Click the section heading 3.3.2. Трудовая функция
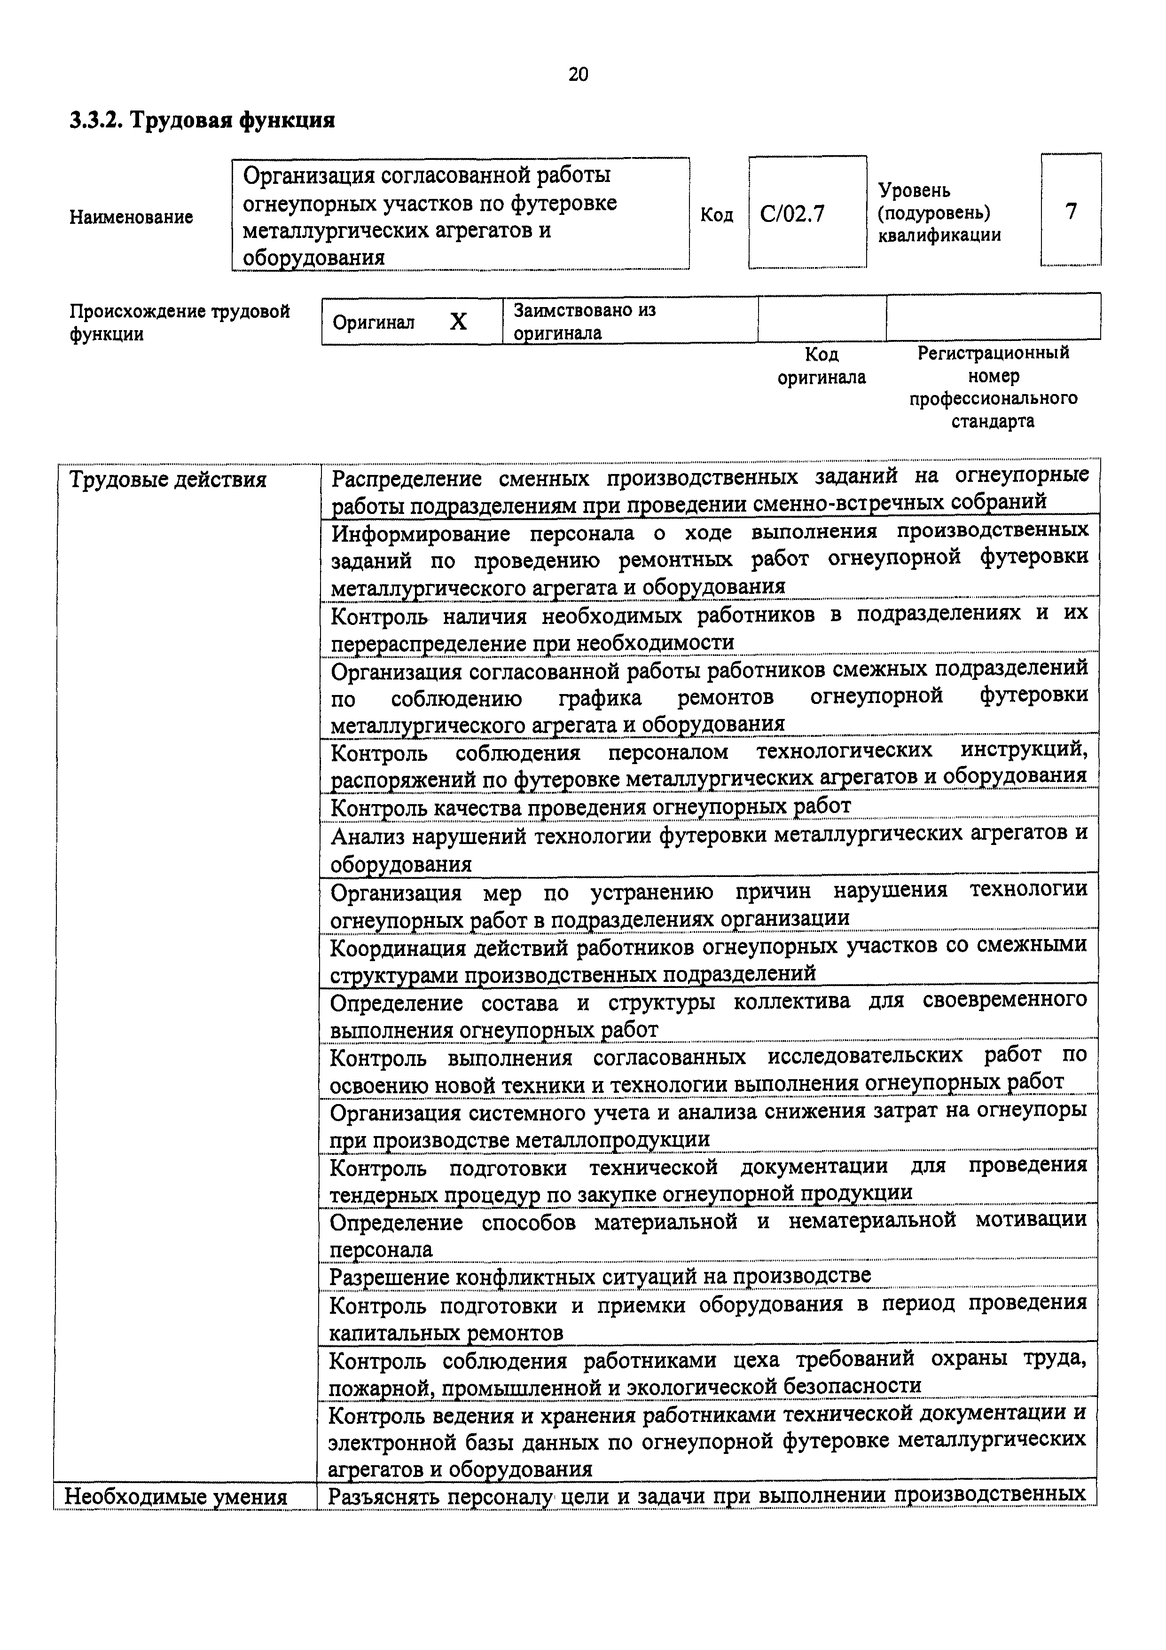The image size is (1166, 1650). point(202,120)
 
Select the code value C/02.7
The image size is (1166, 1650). point(792,214)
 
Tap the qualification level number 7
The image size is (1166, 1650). point(1071,211)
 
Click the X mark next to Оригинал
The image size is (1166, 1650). point(458,322)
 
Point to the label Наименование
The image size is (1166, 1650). point(131,217)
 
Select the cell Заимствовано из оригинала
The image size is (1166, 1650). point(585,321)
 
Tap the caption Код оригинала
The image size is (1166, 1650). point(821,366)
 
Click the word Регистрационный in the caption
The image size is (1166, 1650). point(993,353)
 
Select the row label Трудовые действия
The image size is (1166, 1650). point(167,479)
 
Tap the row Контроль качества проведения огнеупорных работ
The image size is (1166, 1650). point(591,806)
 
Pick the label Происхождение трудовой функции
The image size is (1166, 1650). point(179,322)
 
